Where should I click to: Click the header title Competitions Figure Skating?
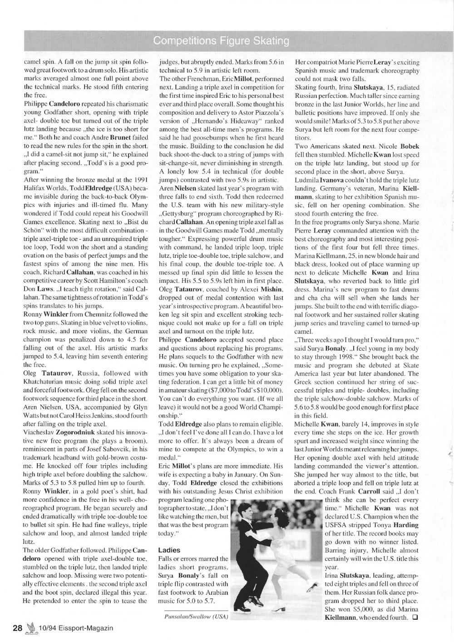[221, 41]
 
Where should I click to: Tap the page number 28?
[17, 628]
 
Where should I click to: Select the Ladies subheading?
[169, 550]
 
